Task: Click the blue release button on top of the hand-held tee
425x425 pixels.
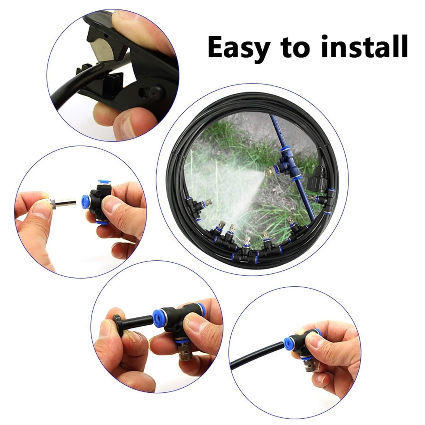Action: pos(101,181)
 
